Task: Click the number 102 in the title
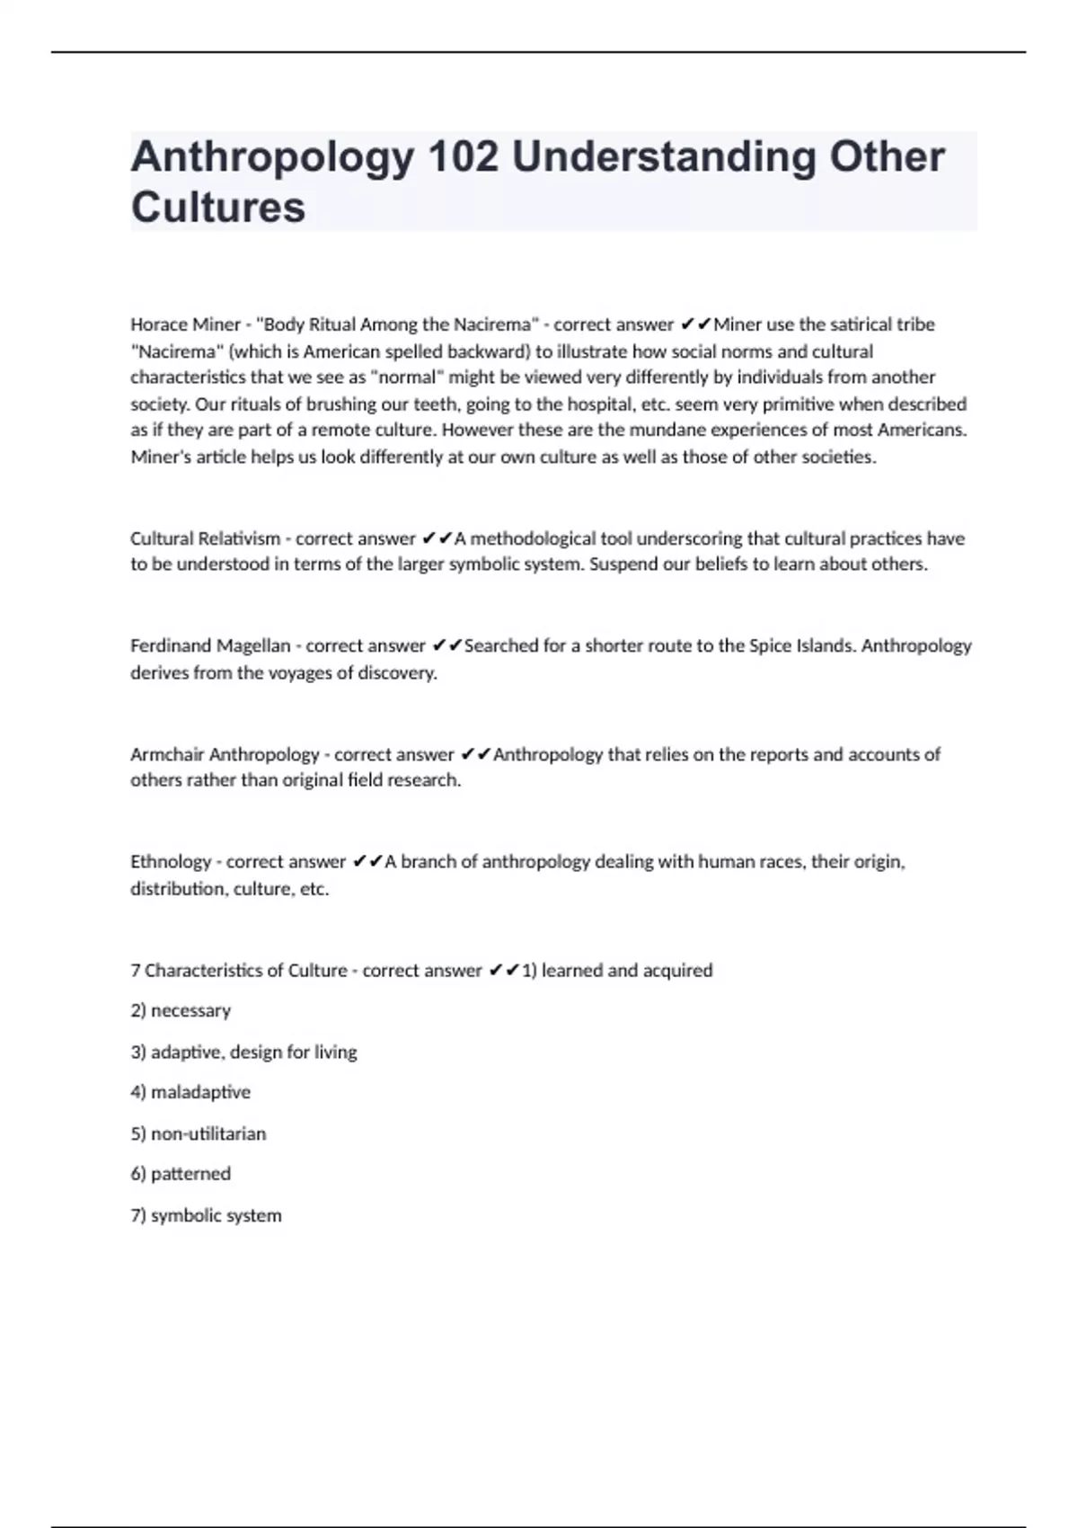click(x=463, y=157)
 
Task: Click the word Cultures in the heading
click(x=218, y=208)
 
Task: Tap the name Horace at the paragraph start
click(x=158, y=324)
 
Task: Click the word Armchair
click(x=166, y=755)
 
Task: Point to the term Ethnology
click(x=170, y=862)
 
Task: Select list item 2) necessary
click(x=181, y=1011)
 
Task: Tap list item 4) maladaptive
click(x=190, y=1093)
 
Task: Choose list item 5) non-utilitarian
click(x=199, y=1134)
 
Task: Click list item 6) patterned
click(x=181, y=1175)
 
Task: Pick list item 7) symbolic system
click(x=206, y=1216)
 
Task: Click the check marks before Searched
click(x=446, y=646)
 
